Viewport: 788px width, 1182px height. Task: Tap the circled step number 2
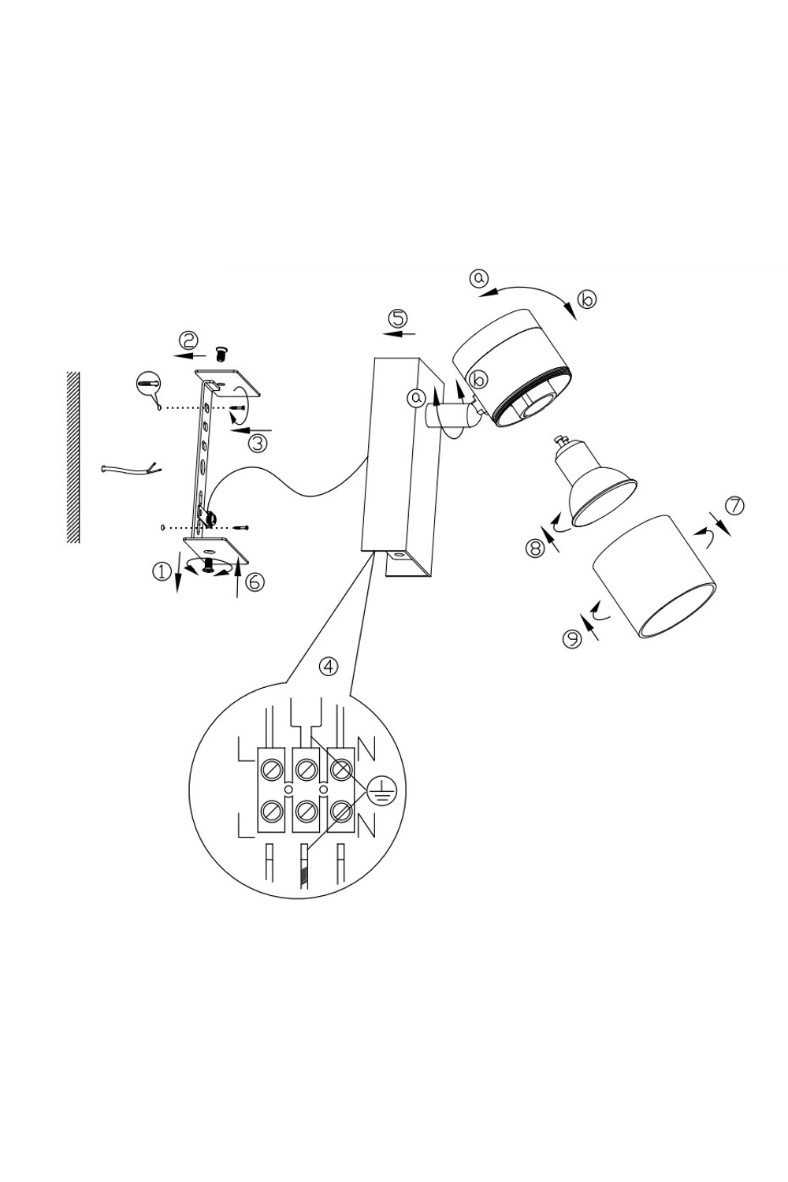click(188, 340)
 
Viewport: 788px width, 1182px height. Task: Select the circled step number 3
click(258, 442)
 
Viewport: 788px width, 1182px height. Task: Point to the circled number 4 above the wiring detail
click(329, 667)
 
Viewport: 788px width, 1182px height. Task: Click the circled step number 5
click(398, 318)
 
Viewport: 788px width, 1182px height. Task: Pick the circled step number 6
click(255, 582)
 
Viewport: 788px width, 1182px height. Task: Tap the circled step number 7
click(734, 506)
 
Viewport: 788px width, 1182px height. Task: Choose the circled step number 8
click(534, 548)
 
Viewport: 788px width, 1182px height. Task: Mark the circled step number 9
click(571, 638)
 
